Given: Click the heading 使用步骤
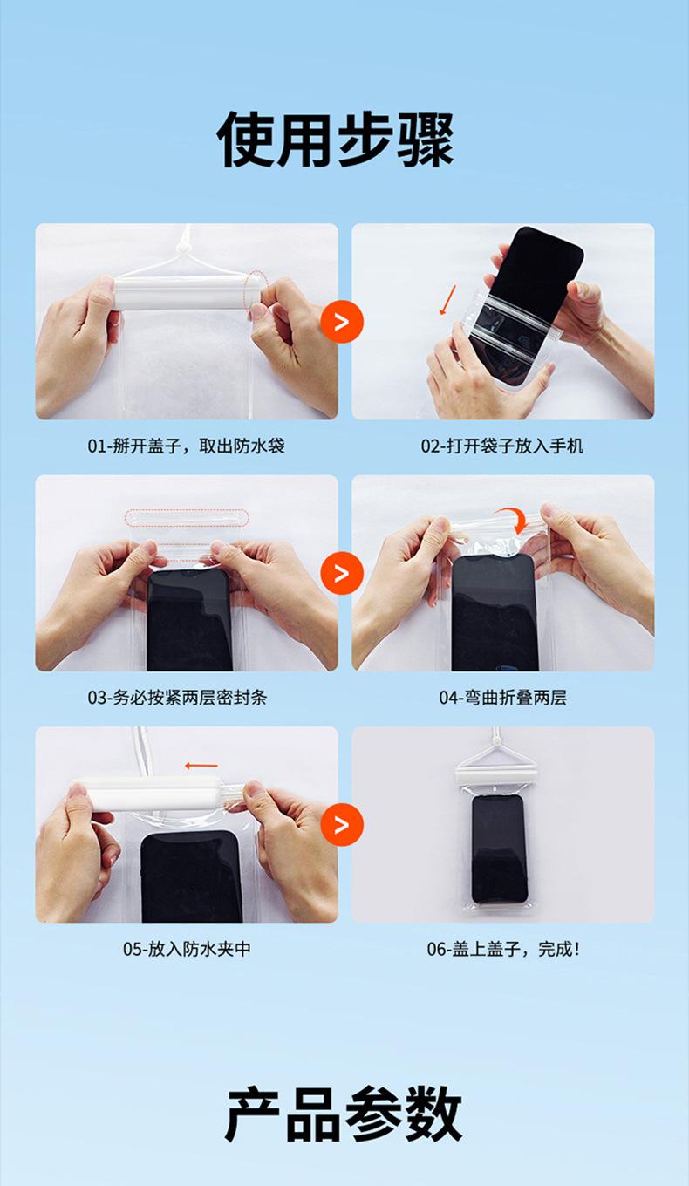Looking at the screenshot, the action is [x=336, y=140].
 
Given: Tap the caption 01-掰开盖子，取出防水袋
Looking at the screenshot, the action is [x=187, y=446].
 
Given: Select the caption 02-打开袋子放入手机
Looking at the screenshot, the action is [x=502, y=446].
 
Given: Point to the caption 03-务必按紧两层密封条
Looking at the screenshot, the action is [x=177, y=698].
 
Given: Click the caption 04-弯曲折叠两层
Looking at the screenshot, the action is [x=503, y=698].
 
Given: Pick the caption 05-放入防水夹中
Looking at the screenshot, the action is [x=187, y=949].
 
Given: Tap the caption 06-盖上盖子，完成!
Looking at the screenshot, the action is [x=503, y=949].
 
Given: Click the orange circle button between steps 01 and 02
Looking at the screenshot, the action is [x=342, y=322].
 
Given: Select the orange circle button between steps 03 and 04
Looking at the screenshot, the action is [x=342, y=573].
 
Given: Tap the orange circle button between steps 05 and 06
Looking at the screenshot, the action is [x=342, y=824].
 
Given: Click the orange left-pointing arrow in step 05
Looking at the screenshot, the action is [x=201, y=765].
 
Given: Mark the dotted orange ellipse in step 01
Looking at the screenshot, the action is [x=256, y=295].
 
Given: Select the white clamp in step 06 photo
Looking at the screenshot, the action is [x=498, y=775].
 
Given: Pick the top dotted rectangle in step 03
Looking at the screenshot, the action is [x=187, y=518].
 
